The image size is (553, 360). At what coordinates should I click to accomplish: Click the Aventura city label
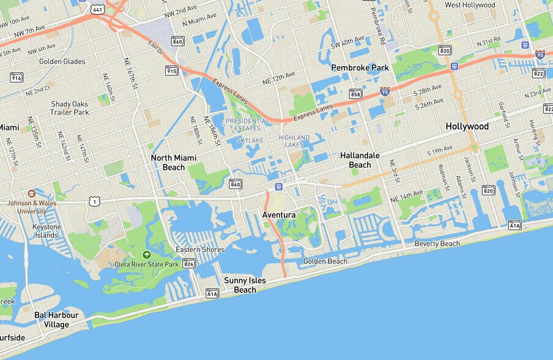pyautogui.click(x=279, y=215)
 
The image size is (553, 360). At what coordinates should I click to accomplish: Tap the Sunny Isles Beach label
pyautogui.click(x=245, y=285)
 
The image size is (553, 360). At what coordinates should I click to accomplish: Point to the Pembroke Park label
pyautogui.click(x=361, y=67)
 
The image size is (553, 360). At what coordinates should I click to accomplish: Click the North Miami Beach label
pyautogui.click(x=174, y=162)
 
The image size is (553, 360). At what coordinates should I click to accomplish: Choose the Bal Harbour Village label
pyautogui.click(x=56, y=320)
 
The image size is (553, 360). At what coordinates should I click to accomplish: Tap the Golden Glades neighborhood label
pyautogui.click(x=62, y=61)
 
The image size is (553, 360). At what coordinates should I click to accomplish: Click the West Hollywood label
pyautogui.click(x=470, y=5)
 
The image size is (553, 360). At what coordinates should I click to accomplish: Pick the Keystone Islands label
pyautogui.click(x=47, y=231)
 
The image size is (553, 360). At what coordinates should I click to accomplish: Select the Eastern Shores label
pyautogui.click(x=200, y=249)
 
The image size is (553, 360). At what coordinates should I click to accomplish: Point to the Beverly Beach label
pyautogui.click(x=437, y=244)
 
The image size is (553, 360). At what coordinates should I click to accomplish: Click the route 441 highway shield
pyautogui.click(x=98, y=9)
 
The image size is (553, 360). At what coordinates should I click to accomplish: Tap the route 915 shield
pyautogui.click(x=172, y=70)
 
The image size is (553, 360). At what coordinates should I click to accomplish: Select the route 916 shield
pyautogui.click(x=17, y=77)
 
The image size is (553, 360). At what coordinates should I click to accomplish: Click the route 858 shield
pyautogui.click(x=355, y=94)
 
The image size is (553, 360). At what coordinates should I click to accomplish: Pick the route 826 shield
pyautogui.click(x=189, y=264)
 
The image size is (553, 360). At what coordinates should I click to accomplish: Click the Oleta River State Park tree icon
pyautogui.click(x=146, y=254)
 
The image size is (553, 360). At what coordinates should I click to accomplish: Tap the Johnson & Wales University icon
pyautogui.click(x=31, y=193)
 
